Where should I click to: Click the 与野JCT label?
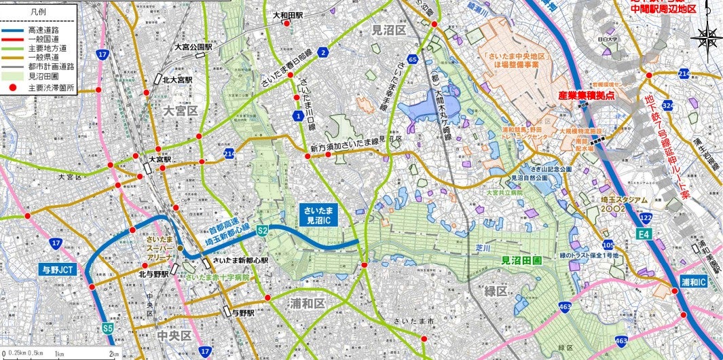[x=61, y=268]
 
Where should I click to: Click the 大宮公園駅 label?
[x=194, y=48]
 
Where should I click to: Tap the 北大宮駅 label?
[x=177, y=79]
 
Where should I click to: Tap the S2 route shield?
[x=262, y=232]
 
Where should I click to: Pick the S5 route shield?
[x=108, y=329]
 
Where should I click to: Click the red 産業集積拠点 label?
[x=586, y=96]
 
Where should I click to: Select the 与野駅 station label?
[x=242, y=313]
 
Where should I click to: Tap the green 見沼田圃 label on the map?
[x=521, y=259]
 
